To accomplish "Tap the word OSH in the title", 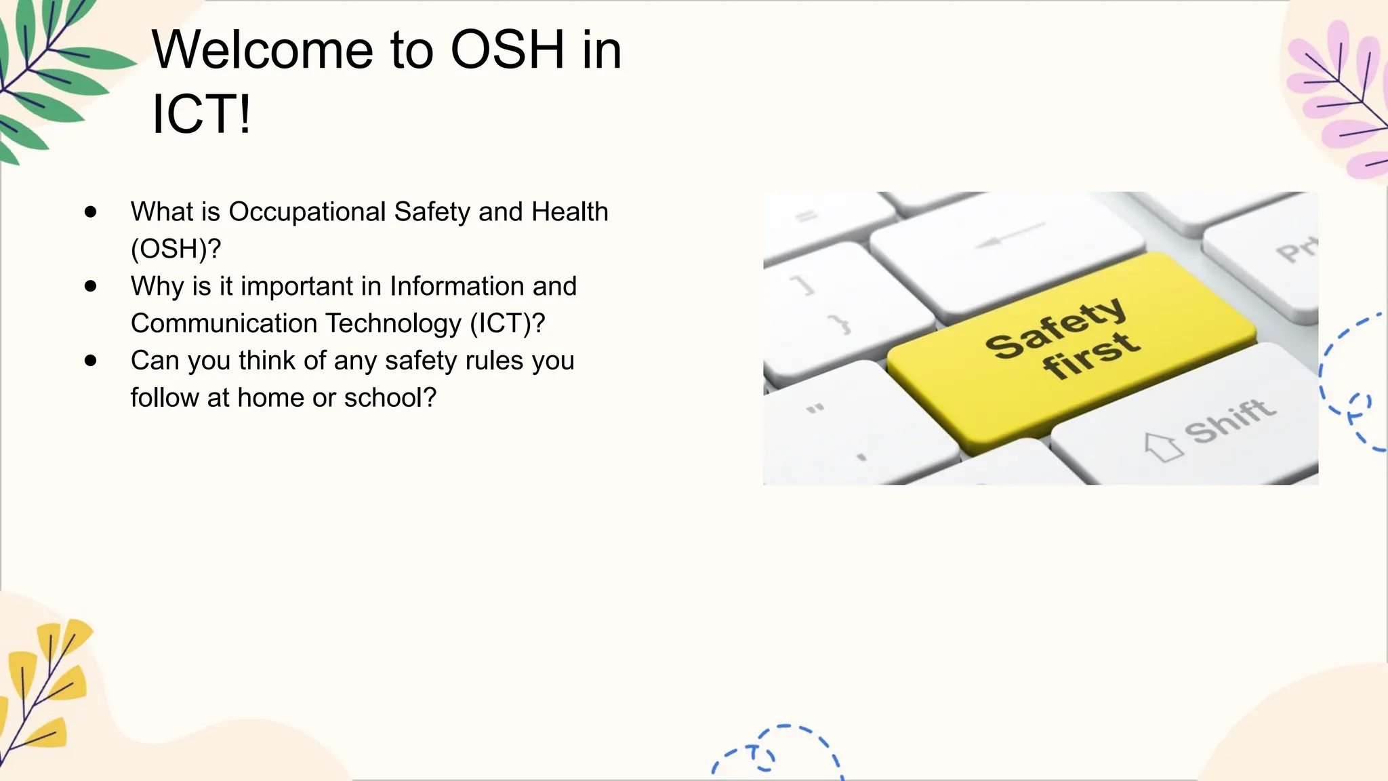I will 507,50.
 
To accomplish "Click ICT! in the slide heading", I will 201,114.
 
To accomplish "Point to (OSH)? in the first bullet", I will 176,249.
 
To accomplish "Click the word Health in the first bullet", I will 569,212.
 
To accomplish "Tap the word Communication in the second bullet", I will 224,323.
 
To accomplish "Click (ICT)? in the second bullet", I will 507,323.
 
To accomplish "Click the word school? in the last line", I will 390,398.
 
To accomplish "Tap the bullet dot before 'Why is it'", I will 91,286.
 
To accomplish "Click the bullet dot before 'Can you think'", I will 91,361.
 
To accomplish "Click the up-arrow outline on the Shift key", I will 1163,447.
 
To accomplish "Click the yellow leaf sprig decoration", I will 44,685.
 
